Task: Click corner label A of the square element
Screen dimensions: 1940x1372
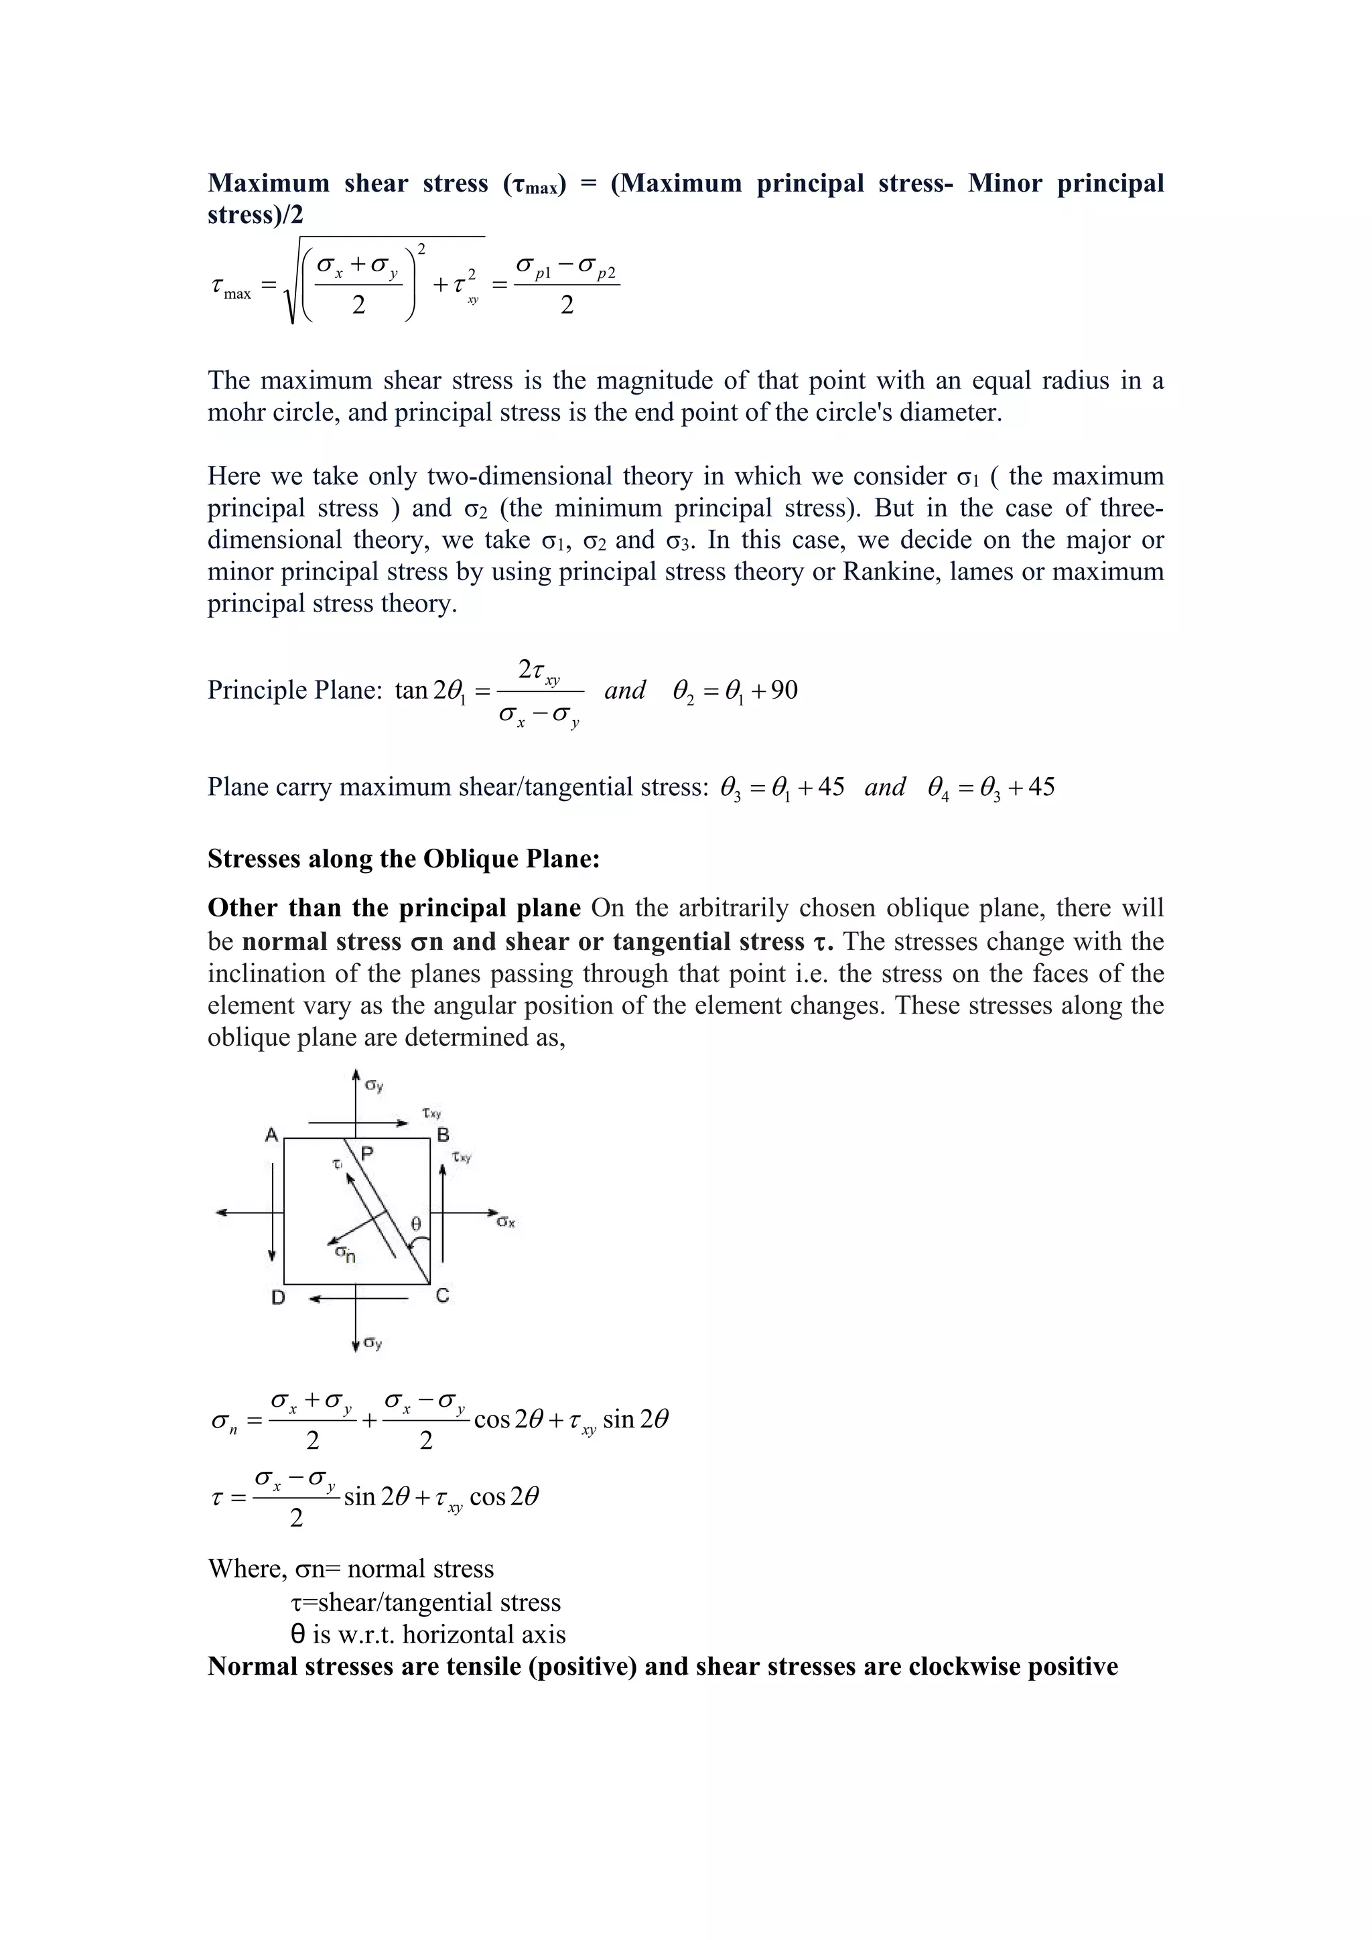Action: coord(271,1135)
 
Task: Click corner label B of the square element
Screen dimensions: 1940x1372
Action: coord(443,1135)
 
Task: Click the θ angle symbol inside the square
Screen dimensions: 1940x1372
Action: coord(415,1223)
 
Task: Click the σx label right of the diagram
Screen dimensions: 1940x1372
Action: coord(506,1222)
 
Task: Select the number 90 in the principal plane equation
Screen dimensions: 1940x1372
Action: coord(784,691)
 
